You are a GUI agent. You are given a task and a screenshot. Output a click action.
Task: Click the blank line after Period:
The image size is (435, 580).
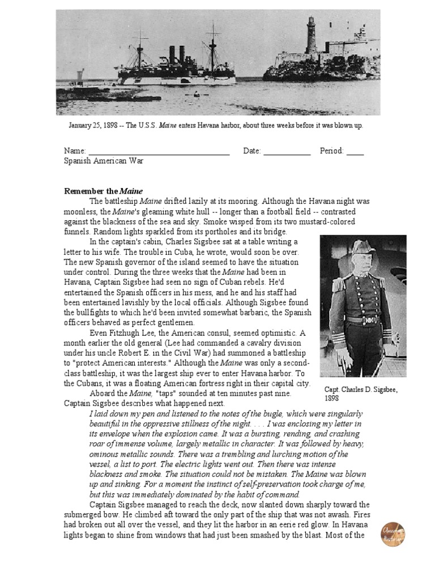click(x=355, y=151)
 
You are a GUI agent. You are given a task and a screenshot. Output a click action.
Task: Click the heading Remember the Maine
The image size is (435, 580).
click(x=103, y=190)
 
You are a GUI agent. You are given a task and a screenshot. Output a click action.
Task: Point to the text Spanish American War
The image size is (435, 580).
click(x=104, y=161)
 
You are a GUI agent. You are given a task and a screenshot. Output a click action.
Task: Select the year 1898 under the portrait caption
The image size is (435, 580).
click(x=332, y=399)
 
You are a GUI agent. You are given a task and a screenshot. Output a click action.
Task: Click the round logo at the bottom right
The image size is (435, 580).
click(x=393, y=534)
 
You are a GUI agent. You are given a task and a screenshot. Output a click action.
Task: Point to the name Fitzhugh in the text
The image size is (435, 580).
click(x=139, y=332)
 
